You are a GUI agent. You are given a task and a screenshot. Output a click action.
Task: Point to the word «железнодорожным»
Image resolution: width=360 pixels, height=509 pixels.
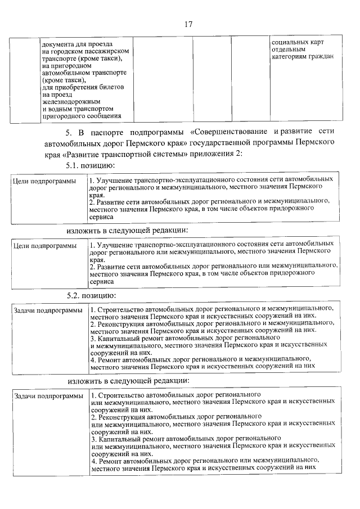(70, 101)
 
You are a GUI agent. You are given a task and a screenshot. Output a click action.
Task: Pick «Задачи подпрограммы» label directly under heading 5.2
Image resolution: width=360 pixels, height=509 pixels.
(48, 310)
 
